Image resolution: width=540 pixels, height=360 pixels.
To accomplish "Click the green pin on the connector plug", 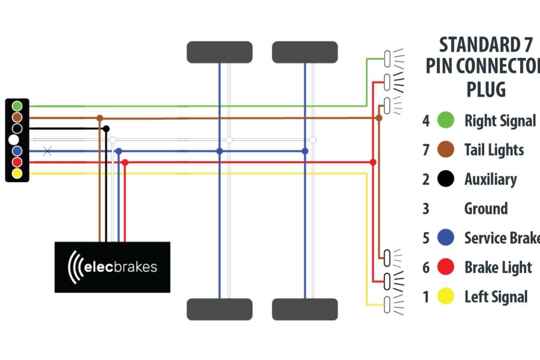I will pos(17,106).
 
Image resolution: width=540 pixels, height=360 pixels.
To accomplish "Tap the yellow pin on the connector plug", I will pos(17,173).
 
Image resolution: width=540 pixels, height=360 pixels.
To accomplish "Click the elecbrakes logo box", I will pos(112,267).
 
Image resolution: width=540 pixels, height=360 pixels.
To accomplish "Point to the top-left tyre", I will pos(219,52).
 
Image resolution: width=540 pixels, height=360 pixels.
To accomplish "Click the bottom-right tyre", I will pos(305,309).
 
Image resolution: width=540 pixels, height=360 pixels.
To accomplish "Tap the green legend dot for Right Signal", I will pos(445,121).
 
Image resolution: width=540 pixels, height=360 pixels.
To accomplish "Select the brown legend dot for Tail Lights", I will pos(445,150).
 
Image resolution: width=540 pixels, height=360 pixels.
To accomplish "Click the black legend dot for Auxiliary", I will pos(445,179).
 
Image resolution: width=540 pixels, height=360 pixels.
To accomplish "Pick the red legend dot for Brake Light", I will pos(445,267).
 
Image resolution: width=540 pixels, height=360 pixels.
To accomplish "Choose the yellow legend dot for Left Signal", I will pos(445,297).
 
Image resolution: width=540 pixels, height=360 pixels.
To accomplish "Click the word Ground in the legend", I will pos(486,208).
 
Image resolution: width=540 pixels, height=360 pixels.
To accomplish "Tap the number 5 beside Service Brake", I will pos(426,238).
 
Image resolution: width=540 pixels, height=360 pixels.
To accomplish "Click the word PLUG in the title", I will pos(486,90).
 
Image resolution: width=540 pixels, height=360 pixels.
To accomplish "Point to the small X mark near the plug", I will pos(48,151).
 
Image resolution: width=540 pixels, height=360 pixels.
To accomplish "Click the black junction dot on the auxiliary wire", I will pos(106,129).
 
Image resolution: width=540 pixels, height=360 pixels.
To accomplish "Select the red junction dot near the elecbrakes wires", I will pos(125,163).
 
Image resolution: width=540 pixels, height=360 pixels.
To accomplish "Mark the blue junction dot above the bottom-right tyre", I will pos(305,151).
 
